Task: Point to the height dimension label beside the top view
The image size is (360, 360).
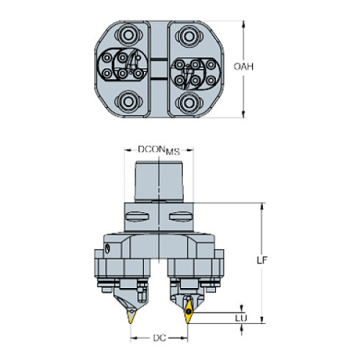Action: click(243, 68)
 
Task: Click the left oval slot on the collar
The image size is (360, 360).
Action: click(137, 216)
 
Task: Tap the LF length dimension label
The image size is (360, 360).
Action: click(262, 260)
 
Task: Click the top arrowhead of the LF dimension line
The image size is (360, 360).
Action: click(262, 208)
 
